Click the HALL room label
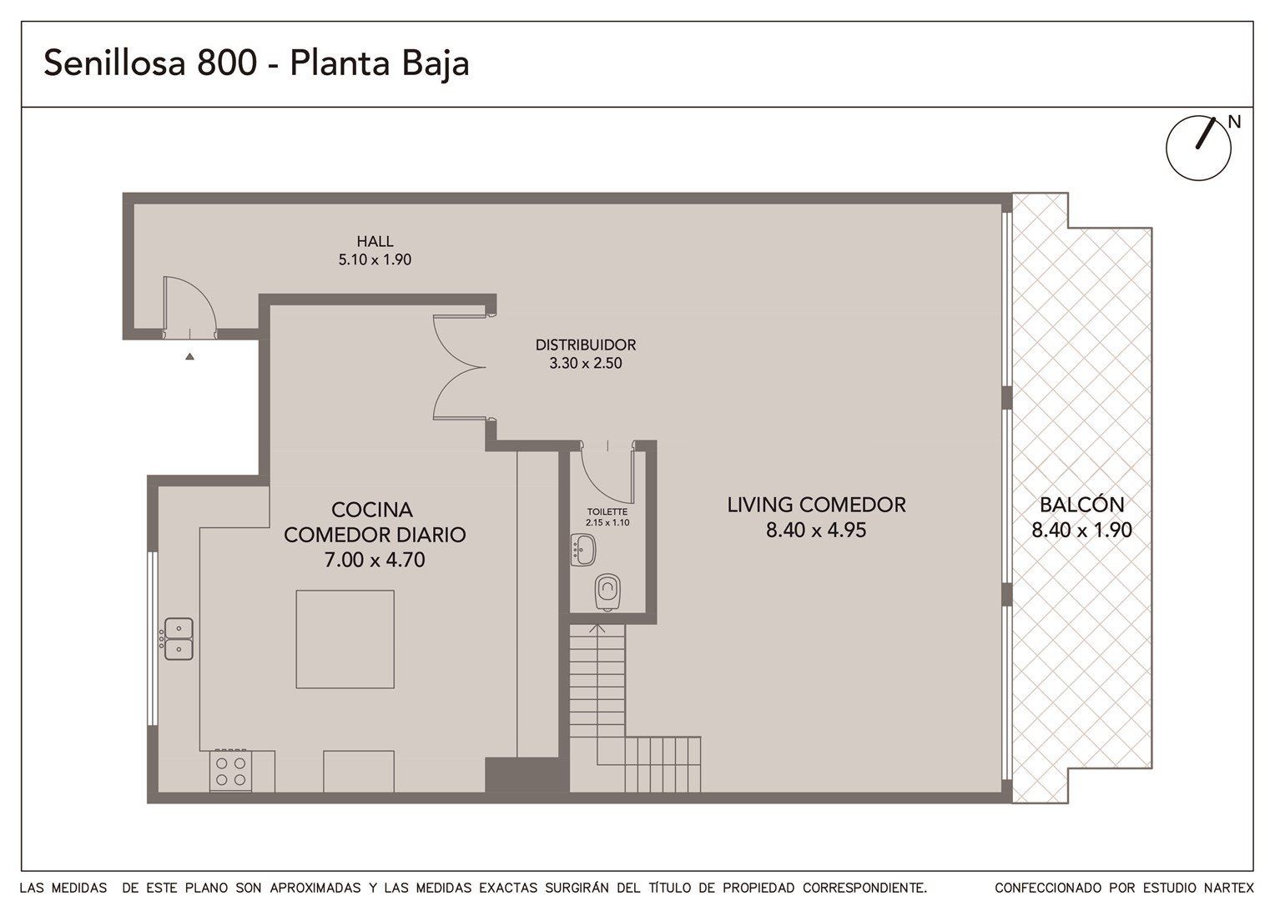375,241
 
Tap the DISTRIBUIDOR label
585,345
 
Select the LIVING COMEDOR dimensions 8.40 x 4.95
816,531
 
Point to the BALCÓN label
1081,504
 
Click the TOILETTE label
607,512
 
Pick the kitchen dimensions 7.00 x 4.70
375,560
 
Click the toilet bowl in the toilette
607,592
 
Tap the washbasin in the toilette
582,550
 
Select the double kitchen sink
179,639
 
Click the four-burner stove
230,771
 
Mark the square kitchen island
345,639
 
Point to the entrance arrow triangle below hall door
189,356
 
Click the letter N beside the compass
1234,122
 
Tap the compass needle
1206,133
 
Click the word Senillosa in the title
114,63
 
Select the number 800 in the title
227,63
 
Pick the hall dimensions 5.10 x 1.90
375,259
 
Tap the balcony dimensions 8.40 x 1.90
1081,531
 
